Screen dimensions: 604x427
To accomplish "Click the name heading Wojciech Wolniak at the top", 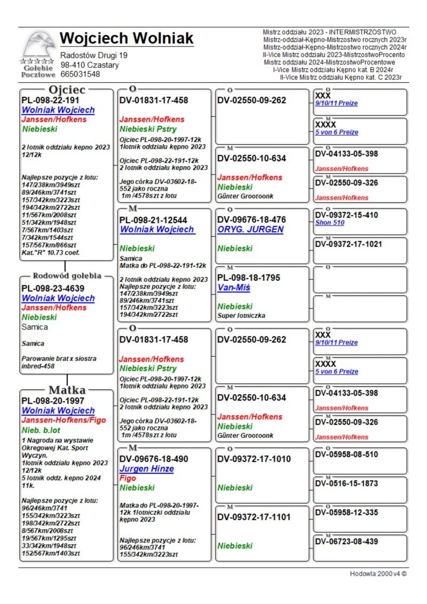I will (126, 38).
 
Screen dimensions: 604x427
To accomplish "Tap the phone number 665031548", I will (80, 74).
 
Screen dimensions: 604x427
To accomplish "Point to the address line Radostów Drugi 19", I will (93, 56).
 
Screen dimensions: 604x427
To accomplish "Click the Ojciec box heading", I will (67, 90).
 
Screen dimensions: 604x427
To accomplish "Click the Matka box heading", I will (67, 389).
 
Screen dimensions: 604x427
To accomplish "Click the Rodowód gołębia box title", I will (67, 276).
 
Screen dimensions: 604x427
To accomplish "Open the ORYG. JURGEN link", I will (250, 230).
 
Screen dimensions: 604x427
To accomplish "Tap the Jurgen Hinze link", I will (146, 469).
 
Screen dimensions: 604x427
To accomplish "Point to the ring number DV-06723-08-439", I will (346, 542).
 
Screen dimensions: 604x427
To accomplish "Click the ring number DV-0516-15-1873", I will (346, 483).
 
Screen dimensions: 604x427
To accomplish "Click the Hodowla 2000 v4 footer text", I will (378, 574).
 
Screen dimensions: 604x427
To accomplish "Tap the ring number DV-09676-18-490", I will (154, 459).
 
